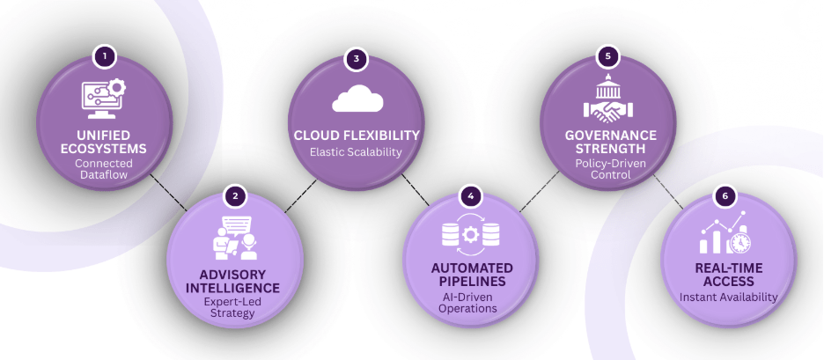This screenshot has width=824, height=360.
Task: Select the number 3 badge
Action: click(357, 59)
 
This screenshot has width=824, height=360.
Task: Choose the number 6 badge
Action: click(725, 195)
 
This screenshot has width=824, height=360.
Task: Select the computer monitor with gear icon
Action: click(104, 99)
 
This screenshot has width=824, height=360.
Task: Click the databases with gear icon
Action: click(471, 235)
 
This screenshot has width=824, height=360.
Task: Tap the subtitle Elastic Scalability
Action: click(356, 152)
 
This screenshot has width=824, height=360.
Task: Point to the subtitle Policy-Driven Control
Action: click(608, 170)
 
